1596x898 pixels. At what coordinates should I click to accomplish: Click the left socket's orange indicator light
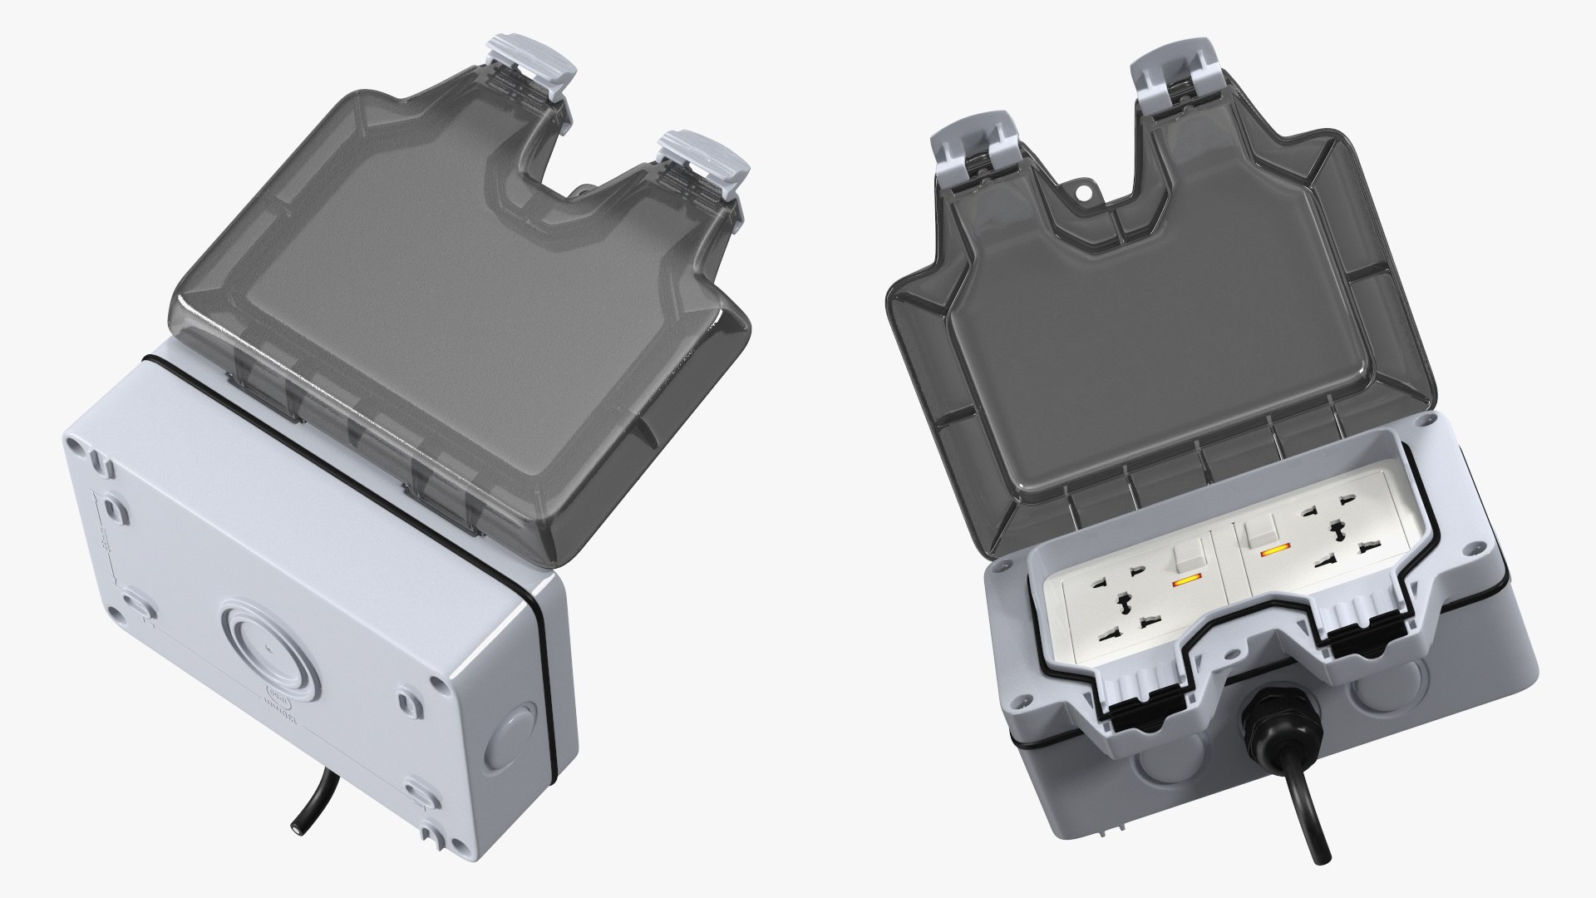pyautogui.click(x=1186, y=583)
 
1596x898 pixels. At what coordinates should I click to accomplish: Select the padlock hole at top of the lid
pyautogui.click(x=1084, y=192)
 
